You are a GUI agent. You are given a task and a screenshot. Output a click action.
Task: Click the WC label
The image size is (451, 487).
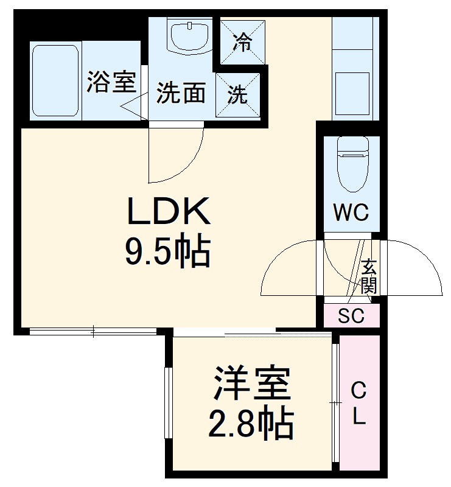pos(351,212)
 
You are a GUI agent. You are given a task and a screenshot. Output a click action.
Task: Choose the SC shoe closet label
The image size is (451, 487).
pos(351,317)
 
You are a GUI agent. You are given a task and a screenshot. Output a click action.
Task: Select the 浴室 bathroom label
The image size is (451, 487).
pos(110,82)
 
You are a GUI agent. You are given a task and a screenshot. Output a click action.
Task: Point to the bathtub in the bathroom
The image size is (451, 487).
pos(55,80)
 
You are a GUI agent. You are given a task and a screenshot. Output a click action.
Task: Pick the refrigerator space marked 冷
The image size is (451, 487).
pos(242,42)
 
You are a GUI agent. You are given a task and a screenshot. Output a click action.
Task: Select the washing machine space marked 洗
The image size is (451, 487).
pos(238,94)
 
